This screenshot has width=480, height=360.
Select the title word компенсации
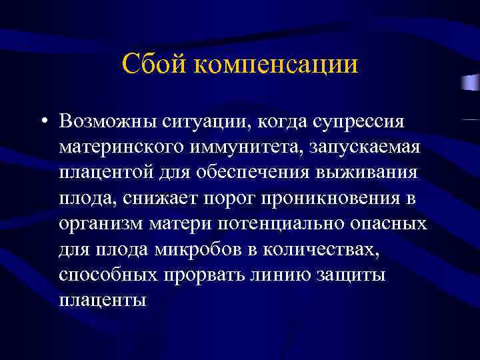pos(275,65)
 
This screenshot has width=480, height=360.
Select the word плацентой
pos(101,172)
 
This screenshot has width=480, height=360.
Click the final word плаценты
pos(102,299)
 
